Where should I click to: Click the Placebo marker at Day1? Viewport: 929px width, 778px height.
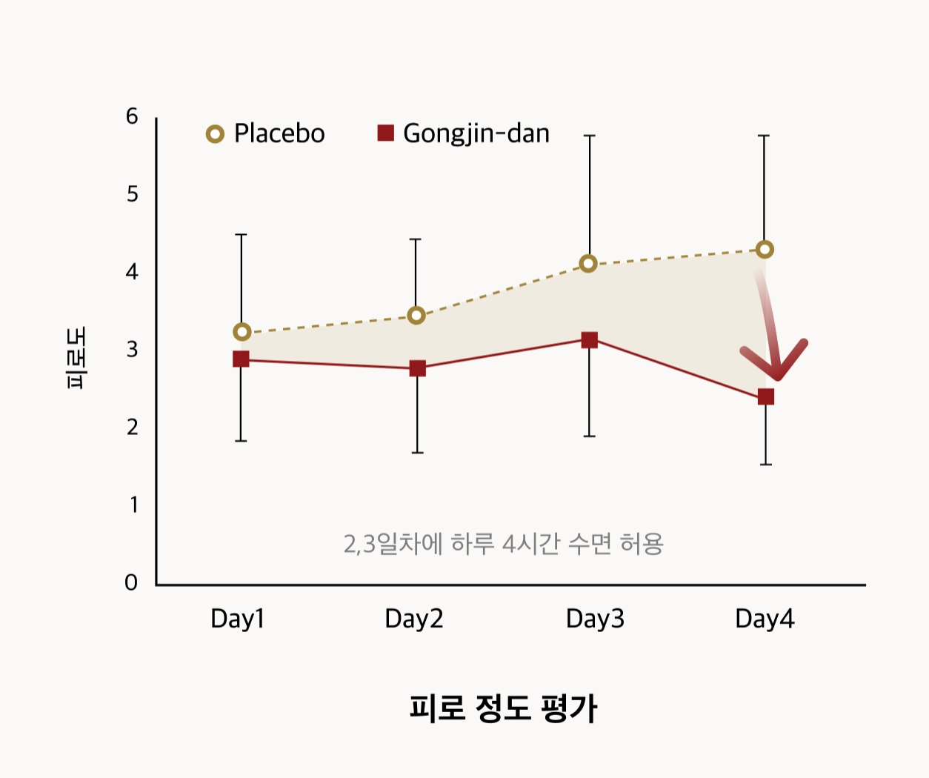coord(242,332)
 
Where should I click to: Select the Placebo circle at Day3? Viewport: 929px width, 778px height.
coord(588,263)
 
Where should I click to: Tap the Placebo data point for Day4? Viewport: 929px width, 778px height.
coord(765,250)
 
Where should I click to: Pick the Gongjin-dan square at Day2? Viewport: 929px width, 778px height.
coord(417,368)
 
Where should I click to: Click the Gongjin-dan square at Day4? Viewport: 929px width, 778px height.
coord(766,397)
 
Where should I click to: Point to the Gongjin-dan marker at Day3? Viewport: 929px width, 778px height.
coord(589,340)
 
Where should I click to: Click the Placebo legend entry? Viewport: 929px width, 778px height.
coord(265,133)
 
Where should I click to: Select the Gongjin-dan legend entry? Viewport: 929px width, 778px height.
coord(464,133)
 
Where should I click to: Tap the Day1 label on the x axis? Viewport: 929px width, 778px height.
coord(237,618)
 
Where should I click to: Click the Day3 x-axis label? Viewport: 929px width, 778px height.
coord(595,618)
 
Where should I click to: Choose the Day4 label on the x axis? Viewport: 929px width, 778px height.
coord(765,618)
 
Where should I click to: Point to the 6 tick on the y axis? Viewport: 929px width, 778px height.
coord(132,116)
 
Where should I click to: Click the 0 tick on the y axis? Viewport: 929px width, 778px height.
coord(131,582)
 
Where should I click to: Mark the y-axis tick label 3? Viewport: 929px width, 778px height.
coord(132,349)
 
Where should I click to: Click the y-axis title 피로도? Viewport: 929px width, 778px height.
coord(76,357)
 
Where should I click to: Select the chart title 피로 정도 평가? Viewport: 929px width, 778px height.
coord(503,708)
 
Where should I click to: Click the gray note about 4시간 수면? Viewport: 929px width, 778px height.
coord(503,544)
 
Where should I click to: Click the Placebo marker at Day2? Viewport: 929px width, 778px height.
coord(416,316)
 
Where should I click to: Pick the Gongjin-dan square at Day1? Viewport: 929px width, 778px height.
coord(241,359)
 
